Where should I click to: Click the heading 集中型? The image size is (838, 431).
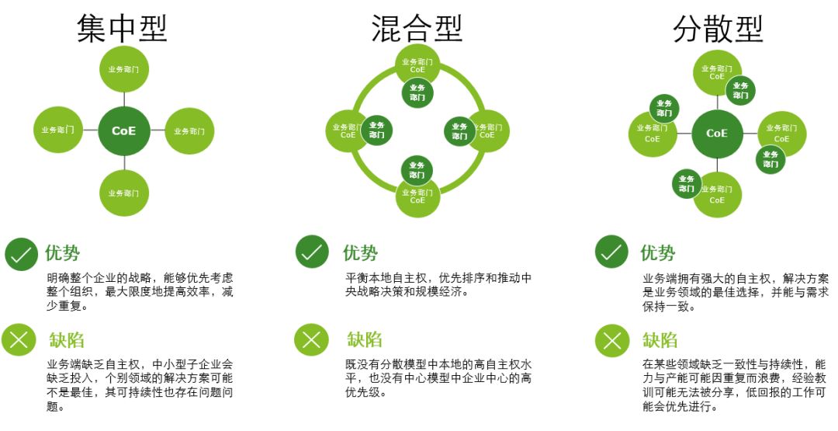coord(122,28)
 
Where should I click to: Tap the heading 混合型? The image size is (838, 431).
coord(417,28)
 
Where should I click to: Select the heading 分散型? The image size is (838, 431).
coord(718,28)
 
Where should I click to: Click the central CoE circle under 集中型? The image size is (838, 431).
coord(124,130)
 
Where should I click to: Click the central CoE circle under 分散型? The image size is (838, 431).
coord(717,133)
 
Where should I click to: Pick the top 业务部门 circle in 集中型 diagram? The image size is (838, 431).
coord(124,69)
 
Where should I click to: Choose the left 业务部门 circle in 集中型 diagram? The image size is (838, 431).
coord(58,130)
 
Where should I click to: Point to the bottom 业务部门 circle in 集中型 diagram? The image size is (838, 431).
coord(124,193)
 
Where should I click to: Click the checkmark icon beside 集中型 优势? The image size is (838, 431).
coord(21,254)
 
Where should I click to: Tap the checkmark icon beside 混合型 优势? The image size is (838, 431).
coord(312,252)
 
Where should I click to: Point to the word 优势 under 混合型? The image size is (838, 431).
coord(361,253)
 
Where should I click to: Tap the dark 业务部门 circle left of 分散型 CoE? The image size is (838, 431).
coord(663,107)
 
